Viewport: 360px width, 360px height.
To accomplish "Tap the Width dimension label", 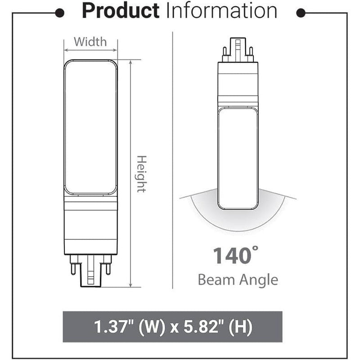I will [90, 42].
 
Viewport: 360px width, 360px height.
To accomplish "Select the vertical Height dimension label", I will [141, 174].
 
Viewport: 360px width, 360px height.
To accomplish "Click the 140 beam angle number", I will [231, 256].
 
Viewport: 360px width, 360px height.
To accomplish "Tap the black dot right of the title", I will [303, 13].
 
